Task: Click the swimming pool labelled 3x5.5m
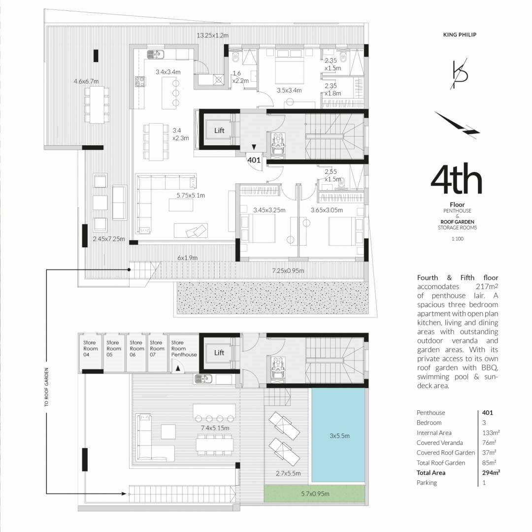tap(338, 435)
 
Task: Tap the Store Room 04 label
tap(90, 348)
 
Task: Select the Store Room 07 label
tap(157, 348)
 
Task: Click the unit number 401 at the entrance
tap(254, 160)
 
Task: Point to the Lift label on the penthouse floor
tap(219, 130)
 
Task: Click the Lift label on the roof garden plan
tap(219, 353)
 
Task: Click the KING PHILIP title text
tap(460, 34)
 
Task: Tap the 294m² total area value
tap(491, 472)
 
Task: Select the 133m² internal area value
tap(491, 432)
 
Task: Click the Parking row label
tap(427, 482)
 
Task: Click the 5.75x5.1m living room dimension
tap(191, 196)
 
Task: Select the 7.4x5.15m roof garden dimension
tap(215, 428)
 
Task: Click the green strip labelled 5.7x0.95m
tap(315, 494)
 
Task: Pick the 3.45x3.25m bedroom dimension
tap(269, 210)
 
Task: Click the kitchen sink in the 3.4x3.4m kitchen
tap(156, 54)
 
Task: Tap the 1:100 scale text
tap(457, 238)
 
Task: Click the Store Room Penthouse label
tap(184, 348)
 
